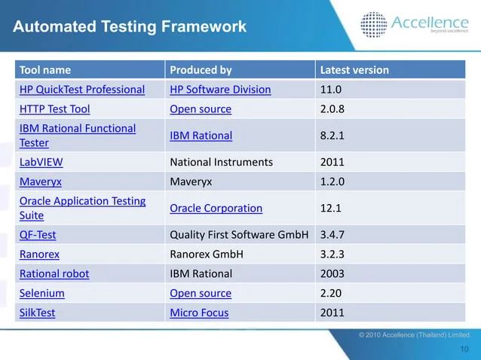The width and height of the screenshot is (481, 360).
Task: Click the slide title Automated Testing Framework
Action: (130, 27)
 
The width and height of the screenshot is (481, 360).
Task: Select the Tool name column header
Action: (45, 70)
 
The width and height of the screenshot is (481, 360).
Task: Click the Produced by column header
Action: (201, 70)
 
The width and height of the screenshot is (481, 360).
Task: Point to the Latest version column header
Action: (354, 70)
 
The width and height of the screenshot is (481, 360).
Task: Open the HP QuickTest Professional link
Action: (82, 90)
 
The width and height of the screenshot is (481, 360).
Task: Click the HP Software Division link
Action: (220, 90)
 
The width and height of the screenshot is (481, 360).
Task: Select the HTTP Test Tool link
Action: (54, 109)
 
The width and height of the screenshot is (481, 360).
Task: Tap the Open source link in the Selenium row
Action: (201, 293)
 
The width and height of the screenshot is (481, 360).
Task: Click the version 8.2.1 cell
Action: (333, 136)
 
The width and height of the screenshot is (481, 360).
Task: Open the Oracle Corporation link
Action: (216, 208)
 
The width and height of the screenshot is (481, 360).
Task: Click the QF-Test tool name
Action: (38, 234)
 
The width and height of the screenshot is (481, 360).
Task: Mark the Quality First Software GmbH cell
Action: (239, 234)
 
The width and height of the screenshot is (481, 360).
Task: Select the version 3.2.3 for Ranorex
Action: (334, 254)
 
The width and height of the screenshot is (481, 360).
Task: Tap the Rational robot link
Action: (54, 273)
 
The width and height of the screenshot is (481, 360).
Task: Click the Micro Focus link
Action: (199, 313)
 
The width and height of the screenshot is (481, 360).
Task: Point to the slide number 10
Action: (464, 349)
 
